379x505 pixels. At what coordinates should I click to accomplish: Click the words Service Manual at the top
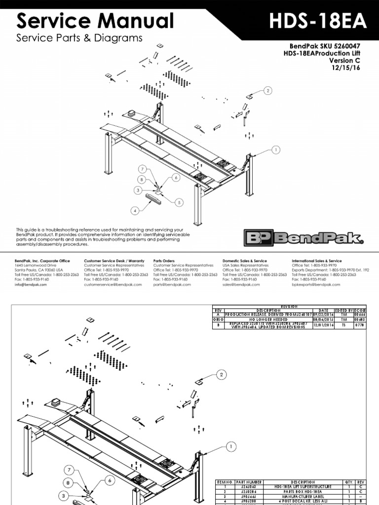pyautogui.click(x=95, y=21)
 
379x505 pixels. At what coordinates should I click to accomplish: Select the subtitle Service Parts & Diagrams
pyautogui.click(x=79, y=38)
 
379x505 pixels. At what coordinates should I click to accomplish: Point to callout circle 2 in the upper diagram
pyautogui.click(x=268, y=91)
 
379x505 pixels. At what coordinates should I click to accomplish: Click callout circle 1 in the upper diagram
pyautogui.click(x=275, y=149)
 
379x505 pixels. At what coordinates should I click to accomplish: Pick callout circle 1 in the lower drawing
pyautogui.click(x=229, y=447)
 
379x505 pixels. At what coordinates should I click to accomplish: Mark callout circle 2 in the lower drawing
pyautogui.click(x=222, y=375)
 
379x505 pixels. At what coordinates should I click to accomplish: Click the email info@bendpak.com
pyautogui.click(x=28, y=285)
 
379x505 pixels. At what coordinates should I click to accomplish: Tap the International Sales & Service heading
pyautogui.click(x=317, y=261)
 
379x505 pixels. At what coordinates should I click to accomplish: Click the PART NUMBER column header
pyautogui.click(x=249, y=482)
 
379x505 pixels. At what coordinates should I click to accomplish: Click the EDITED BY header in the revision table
pyautogui.click(x=345, y=310)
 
